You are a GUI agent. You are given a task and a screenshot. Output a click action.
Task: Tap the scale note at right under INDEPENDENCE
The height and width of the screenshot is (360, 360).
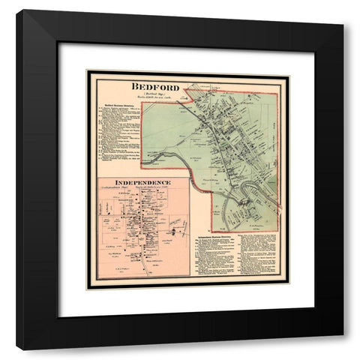coord(160,188)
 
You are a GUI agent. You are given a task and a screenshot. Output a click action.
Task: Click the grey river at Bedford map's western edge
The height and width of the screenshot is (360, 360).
coord(161,156)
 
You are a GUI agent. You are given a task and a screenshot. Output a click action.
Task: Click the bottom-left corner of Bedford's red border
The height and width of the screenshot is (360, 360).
coord(211,231)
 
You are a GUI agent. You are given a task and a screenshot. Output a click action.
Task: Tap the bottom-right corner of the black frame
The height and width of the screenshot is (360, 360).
coord(343,349)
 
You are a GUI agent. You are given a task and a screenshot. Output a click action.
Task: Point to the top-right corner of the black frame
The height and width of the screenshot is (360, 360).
coord(343,11)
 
